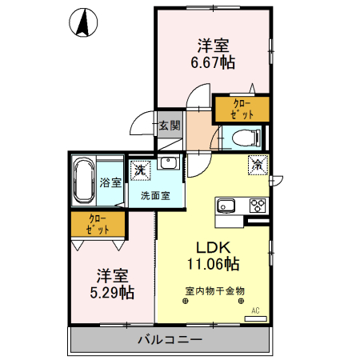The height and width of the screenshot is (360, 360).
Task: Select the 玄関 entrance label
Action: (x=169, y=125)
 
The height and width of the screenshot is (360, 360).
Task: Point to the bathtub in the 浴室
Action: (x=84, y=182)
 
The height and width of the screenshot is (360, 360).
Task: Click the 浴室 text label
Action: (x=111, y=182)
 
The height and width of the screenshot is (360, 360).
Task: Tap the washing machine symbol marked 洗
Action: (x=141, y=170)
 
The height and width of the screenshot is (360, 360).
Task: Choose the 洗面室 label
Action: (x=155, y=194)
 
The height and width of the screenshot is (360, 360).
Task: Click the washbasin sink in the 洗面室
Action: (x=168, y=163)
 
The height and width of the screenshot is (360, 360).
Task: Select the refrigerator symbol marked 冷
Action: (x=258, y=165)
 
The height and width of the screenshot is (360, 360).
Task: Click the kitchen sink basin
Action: (x=225, y=204)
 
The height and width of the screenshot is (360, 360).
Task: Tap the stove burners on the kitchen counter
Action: (x=258, y=204)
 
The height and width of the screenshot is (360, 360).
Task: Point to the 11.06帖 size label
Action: (x=213, y=262)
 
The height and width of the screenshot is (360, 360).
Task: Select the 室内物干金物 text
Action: (x=214, y=291)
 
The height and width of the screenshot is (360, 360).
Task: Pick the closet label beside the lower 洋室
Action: (x=98, y=223)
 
